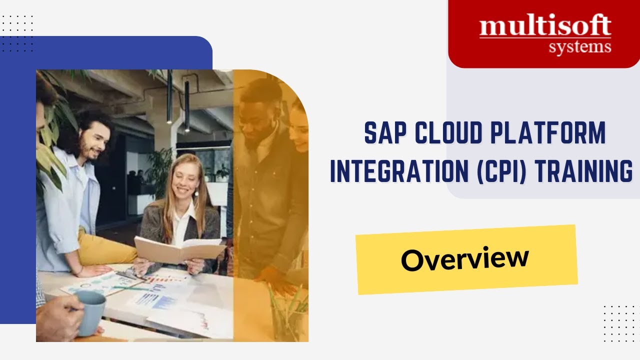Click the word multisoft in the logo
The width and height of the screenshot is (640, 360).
[545, 26]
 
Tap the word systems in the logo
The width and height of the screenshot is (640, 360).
[579, 48]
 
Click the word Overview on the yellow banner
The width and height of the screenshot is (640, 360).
[464, 259]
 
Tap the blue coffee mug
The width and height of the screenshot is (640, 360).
[90, 312]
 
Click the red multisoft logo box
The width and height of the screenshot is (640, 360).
[543, 34]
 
